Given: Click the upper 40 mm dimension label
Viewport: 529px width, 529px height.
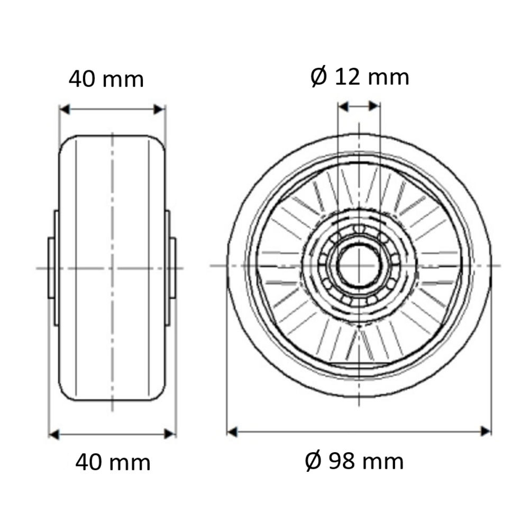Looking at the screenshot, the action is click(x=106, y=79).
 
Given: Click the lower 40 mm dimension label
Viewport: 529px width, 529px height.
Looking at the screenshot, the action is click(x=113, y=462).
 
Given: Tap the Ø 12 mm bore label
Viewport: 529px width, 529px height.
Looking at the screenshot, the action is click(x=360, y=77).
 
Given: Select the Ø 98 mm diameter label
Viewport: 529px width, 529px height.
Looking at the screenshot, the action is click(x=354, y=461).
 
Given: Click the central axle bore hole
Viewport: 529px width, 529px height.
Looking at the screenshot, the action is click(x=359, y=266).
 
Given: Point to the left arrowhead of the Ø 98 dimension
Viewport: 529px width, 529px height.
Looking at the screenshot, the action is click(x=232, y=432).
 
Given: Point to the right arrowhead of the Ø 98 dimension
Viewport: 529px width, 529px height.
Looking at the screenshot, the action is click(x=486, y=431).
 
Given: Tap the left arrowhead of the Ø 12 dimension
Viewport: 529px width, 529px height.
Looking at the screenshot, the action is click(x=343, y=107).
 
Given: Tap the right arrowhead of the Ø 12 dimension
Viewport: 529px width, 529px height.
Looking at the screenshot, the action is click(x=375, y=106).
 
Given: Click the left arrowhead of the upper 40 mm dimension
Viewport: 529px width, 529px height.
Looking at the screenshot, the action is click(x=65, y=110).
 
